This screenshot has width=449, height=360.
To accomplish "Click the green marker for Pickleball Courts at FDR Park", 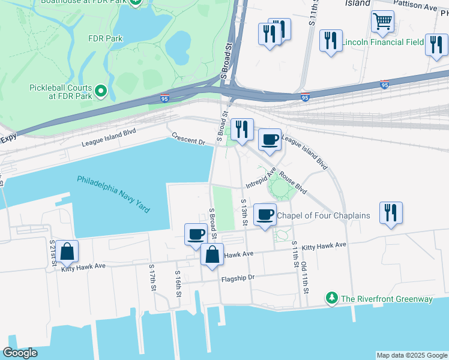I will (x=101, y=92).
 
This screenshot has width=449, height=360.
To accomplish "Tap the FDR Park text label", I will (x=106, y=38).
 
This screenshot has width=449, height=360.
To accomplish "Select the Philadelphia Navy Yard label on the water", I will (x=113, y=194).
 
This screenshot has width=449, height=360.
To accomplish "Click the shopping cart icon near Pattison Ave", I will (x=382, y=22).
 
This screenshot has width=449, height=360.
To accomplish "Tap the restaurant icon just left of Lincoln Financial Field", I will (x=331, y=41).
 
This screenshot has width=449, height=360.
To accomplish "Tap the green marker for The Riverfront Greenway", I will (x=331, y=298).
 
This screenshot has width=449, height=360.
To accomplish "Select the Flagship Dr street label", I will (x=238, y=278).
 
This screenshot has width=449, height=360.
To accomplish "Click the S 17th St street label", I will (x=153, y=280).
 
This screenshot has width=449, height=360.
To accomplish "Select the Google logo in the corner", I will (x=20, y=353).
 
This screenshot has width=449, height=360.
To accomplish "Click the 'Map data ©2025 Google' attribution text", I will (x=411, y=355).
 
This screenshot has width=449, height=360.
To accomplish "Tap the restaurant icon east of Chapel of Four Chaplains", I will (x=391, y=213).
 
